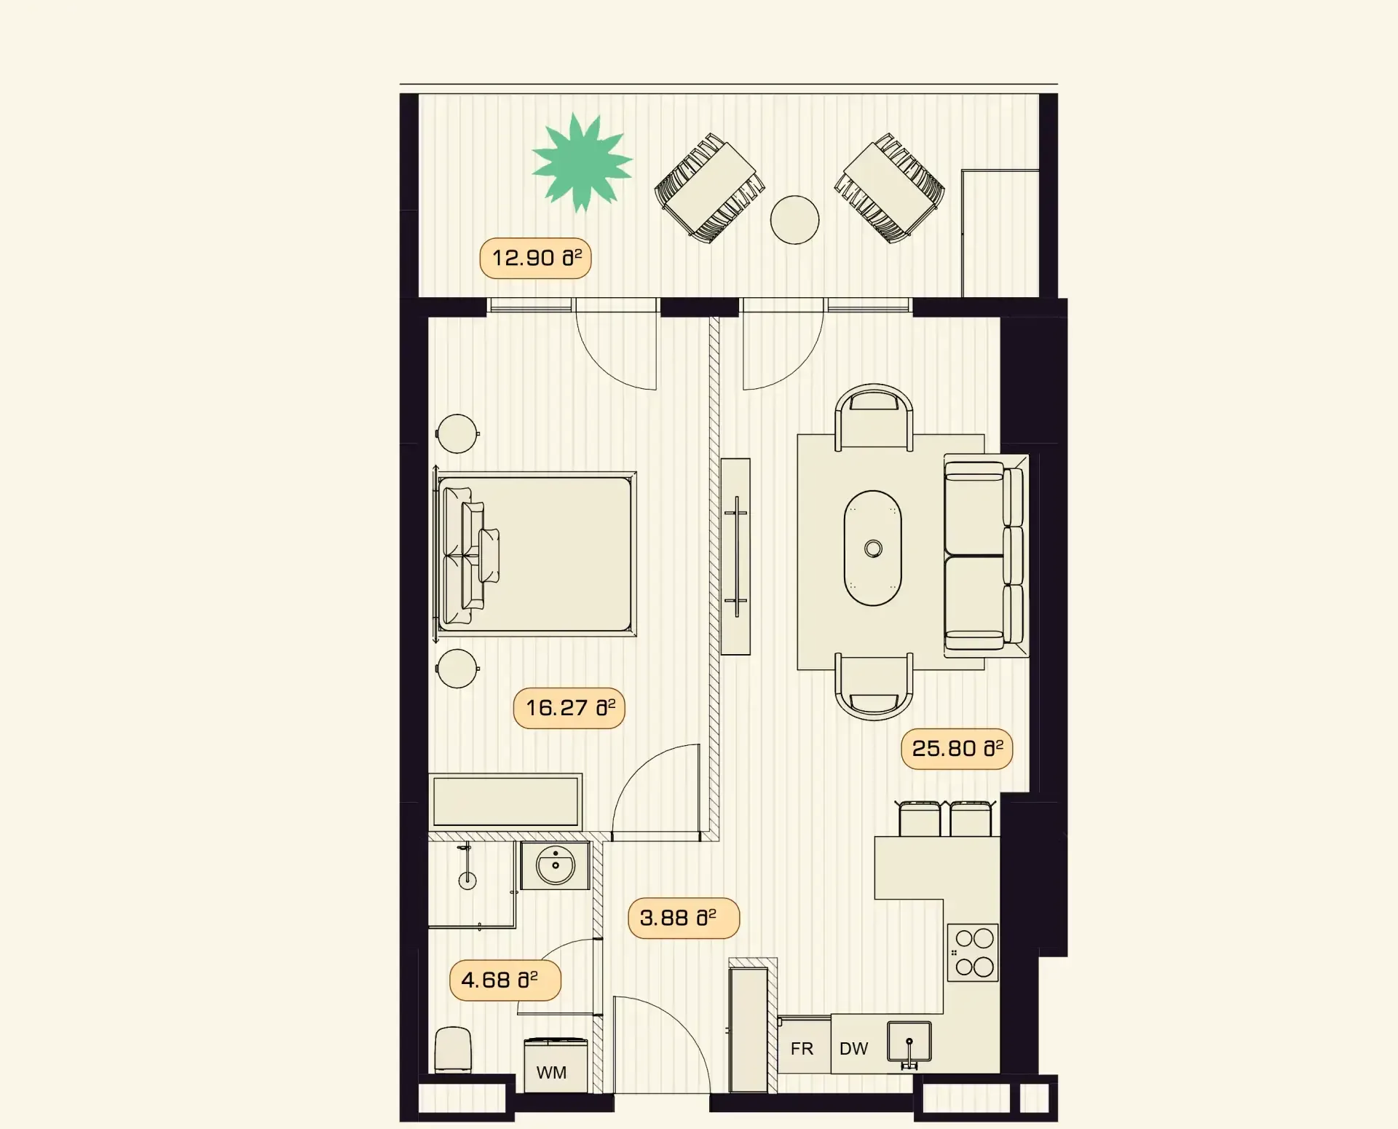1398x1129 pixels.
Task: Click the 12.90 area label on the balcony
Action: click(x=536, y=258)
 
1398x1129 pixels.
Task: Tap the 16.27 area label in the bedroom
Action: click(x=569, y=708)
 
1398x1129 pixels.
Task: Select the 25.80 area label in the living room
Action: click(x=957, y=749)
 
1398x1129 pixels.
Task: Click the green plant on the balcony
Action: click(x=582, y=162)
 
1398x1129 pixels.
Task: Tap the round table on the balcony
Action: click(x=795, y=220)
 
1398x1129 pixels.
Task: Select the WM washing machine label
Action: click(x=551, y=1073)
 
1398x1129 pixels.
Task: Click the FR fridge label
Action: click(x=802, y=1049)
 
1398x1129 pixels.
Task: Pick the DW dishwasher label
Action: click(x=854, y=1049)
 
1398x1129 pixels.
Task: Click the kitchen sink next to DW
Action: click(x=909, y=1042)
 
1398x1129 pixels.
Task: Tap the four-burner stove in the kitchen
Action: click(x=973, y=953)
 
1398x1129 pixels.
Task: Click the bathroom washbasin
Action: click(x=555, y=865)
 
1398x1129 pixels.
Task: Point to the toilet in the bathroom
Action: click(x=453, y=1050)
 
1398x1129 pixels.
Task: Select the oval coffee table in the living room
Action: click(x=873, y=548)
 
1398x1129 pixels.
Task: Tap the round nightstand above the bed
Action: click(x=457, y=434)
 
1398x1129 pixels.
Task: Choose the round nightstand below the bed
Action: click(x=457, y=669)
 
